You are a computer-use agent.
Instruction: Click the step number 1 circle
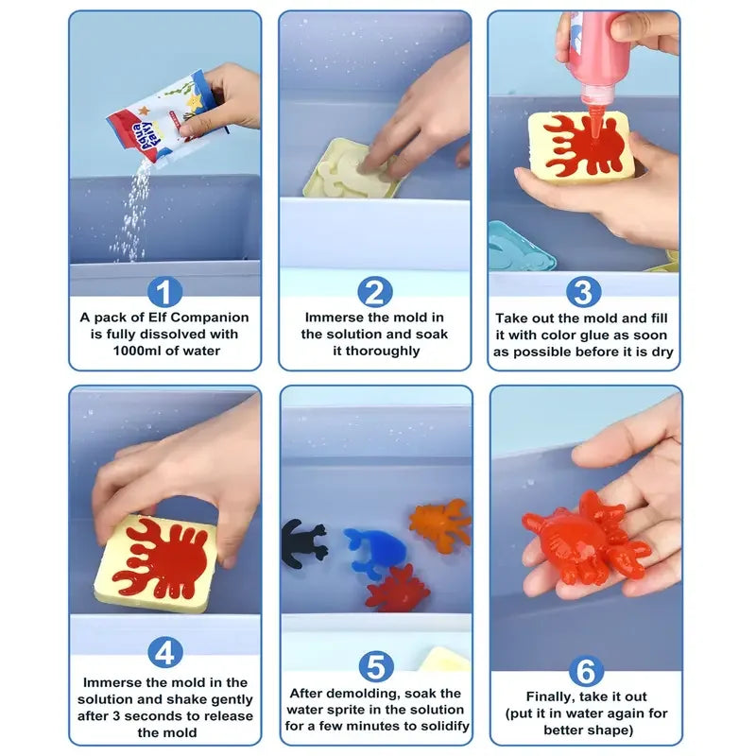tap(165, 291)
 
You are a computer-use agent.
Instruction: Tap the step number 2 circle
tap(375, 291)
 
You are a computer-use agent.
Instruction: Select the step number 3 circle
tap(584, 291)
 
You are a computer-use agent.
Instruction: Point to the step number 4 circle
tap(165, 651)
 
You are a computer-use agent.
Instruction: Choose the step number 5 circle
tap(375, 667)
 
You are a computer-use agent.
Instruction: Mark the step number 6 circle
tap(585, 671)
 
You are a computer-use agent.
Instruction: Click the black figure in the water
tap(302, 544)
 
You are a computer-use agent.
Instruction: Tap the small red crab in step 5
tap(398, 589)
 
